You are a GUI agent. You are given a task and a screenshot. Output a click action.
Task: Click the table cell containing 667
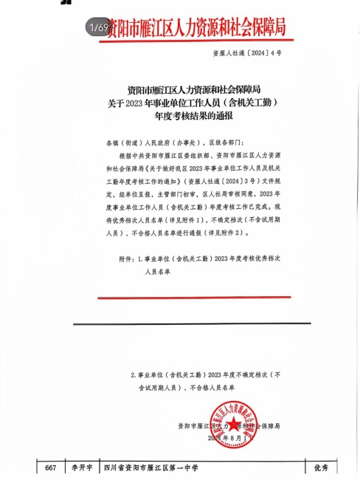(51, 468)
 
